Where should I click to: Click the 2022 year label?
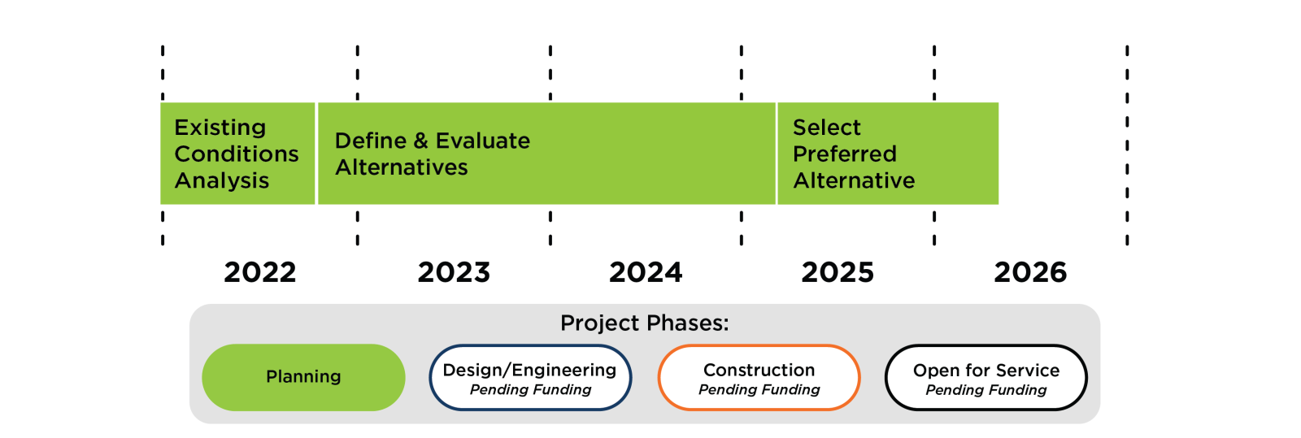(x=260, y=272)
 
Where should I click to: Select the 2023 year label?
(x=454, y=272)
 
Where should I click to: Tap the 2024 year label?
(x=646, y=272)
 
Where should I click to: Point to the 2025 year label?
(x=838, y=272)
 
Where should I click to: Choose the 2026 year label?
(x=1030, y=272)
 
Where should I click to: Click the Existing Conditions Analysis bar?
(x=237, y=154)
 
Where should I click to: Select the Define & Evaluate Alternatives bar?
(x=546, y=154)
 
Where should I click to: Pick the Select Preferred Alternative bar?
(x=888, y=154)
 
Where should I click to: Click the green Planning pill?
(x=303, y=377)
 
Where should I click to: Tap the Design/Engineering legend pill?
(x=530, y=378)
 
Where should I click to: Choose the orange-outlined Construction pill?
(x=759, y=378)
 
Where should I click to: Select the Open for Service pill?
(x=986, y=378)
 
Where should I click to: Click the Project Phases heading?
(x=644, y=323)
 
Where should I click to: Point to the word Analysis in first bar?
(x=221, y=180)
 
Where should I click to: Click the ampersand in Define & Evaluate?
(x=420, y=141)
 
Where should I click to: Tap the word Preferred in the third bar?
(x=844, y=154)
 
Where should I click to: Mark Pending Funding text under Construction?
(x=759, y=390)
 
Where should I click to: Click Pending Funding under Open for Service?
(x=986, y=390)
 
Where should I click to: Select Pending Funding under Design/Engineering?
(x=530, y=390)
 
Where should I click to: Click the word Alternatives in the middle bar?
(x=402, y=167)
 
